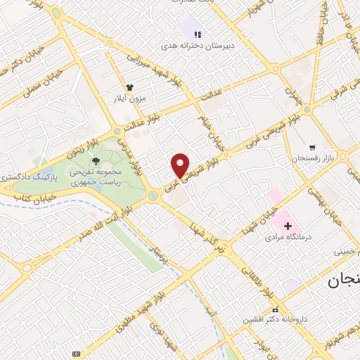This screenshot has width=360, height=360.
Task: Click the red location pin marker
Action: [x=181, y=165]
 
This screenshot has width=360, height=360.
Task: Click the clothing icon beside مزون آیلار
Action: [x=129, y=89]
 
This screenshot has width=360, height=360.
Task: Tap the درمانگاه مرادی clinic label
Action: [x=287, y=238]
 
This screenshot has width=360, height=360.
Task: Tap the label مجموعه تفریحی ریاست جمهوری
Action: [x=96, y=176]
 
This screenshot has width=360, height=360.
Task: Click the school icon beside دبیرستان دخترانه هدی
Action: [x=198, y=34]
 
